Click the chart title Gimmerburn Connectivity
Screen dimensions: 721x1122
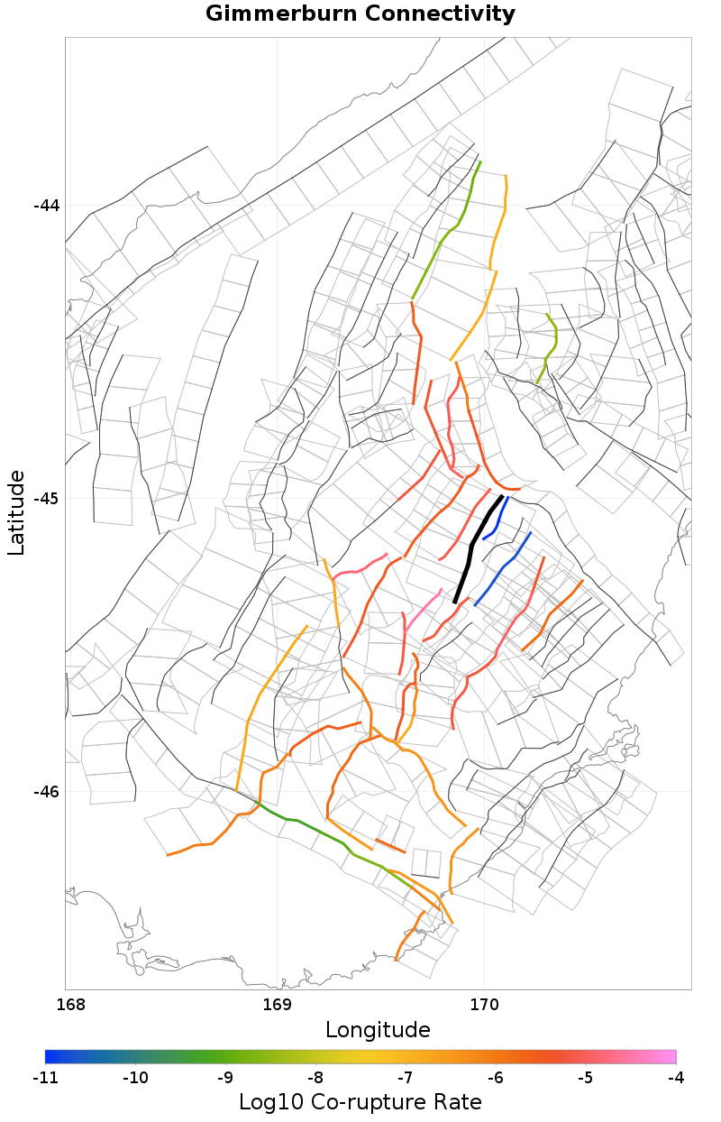pos(360,14)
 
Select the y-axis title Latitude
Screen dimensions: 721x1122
pos(16,512)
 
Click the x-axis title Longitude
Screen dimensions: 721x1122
pos(378,1030)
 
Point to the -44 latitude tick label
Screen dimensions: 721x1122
pos(46,206)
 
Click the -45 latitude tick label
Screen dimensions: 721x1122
pos(46,499)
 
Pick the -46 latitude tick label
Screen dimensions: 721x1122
pos(46,792)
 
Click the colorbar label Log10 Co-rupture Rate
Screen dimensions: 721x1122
pos(360,1102)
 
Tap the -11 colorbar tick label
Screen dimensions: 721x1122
pos(45,1077)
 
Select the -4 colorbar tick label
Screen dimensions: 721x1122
pos(675,1077)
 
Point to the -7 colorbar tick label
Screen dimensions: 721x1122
pos(406,1077)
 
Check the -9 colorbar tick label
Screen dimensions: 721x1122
pos(225,1077)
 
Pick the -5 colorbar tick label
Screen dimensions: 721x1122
pos(586,1077)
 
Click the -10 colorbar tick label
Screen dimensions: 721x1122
pos(135,1077)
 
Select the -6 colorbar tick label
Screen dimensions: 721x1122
pos(496,1077)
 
